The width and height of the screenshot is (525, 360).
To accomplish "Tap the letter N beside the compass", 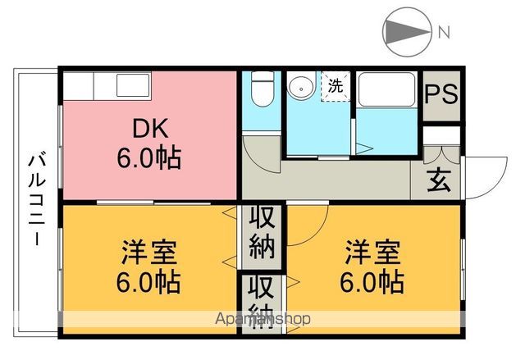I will pyautogui.click(x=443, y=33).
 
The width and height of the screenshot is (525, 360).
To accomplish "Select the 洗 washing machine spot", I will pyautogui.click(x=336, y=85).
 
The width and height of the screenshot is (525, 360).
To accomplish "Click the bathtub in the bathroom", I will pyautogui.click(x=386, y=90).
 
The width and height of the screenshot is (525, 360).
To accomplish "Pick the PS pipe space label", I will pyautogui.click(x=441, y=93).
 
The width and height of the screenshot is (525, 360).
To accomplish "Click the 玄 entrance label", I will pyautogui.click(x=436, y=178).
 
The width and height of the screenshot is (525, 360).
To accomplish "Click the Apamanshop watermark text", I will pyautogui.click(x=262, y=319).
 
